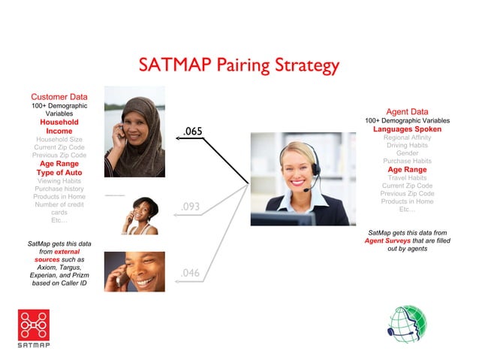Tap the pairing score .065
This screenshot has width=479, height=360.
(x=192, y=132)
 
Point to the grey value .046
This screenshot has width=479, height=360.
(x=191, y=273)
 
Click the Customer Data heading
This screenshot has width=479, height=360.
(x=59, y=97)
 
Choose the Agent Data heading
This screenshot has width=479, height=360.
(x=407, y=111)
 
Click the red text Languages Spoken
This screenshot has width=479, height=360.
(x=407, y=129)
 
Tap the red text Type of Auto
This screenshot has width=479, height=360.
(x=59, y=173)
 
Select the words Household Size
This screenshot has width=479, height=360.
(x=59, y=139)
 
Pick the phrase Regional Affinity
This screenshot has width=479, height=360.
(x=407, y=138)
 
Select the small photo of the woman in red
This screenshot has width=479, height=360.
(x=140, y=216)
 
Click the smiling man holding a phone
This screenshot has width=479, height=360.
(x=136, y=273)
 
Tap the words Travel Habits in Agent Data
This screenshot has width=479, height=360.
(x=407, y=178)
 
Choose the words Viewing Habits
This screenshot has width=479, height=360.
(x=59, y=181)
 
